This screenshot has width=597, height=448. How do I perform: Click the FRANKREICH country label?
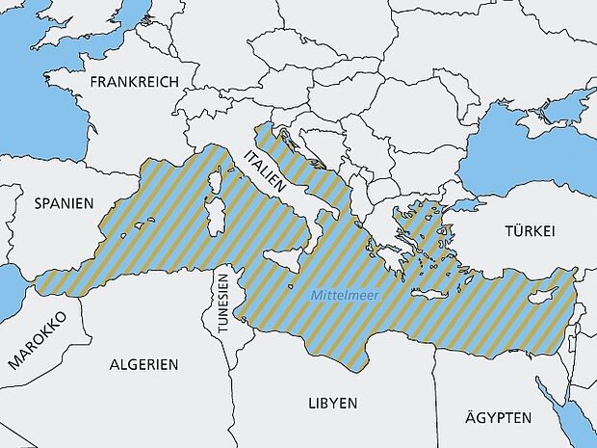pyautogui.click(x=134, y=83)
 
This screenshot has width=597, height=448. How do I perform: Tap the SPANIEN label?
pyautogui.click(x=64, y=203)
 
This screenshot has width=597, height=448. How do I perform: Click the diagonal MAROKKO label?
pyautogui.click(x=35, y=340)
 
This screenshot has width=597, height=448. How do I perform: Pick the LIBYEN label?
pyautogui.click(x=332, y=402)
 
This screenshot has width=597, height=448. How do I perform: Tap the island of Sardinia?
pyautogui.click(x=217, y=215)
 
